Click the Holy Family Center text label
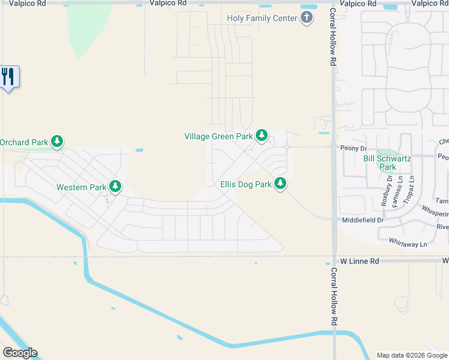pyautogui.click(x=262, y=18)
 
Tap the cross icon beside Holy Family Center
pyautogui.click(x=307, y=17)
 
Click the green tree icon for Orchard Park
pyautogui.click(x=57, y=142)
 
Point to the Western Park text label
pyautogui.click(x=81, y=187)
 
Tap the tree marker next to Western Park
pyautogui.click(x=115, y=187)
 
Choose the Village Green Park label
pyautogui.click(x=218, y=136)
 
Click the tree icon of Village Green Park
pyautogui.click(x=261, y=136)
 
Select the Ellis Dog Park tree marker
pyautogui.click(x=280, y=184)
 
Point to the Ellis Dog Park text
pyautogui.click(x=246, y=184)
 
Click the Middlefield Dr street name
pyautogui.click(x=363, y=220)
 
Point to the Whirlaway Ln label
pyautogui.click(x=408, y=244)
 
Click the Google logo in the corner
pyautogui.click(x=20, y=353)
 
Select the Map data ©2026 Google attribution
pyautogui.click(x=412, y=355)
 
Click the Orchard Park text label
pyautogui.click(x=24, y=142)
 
